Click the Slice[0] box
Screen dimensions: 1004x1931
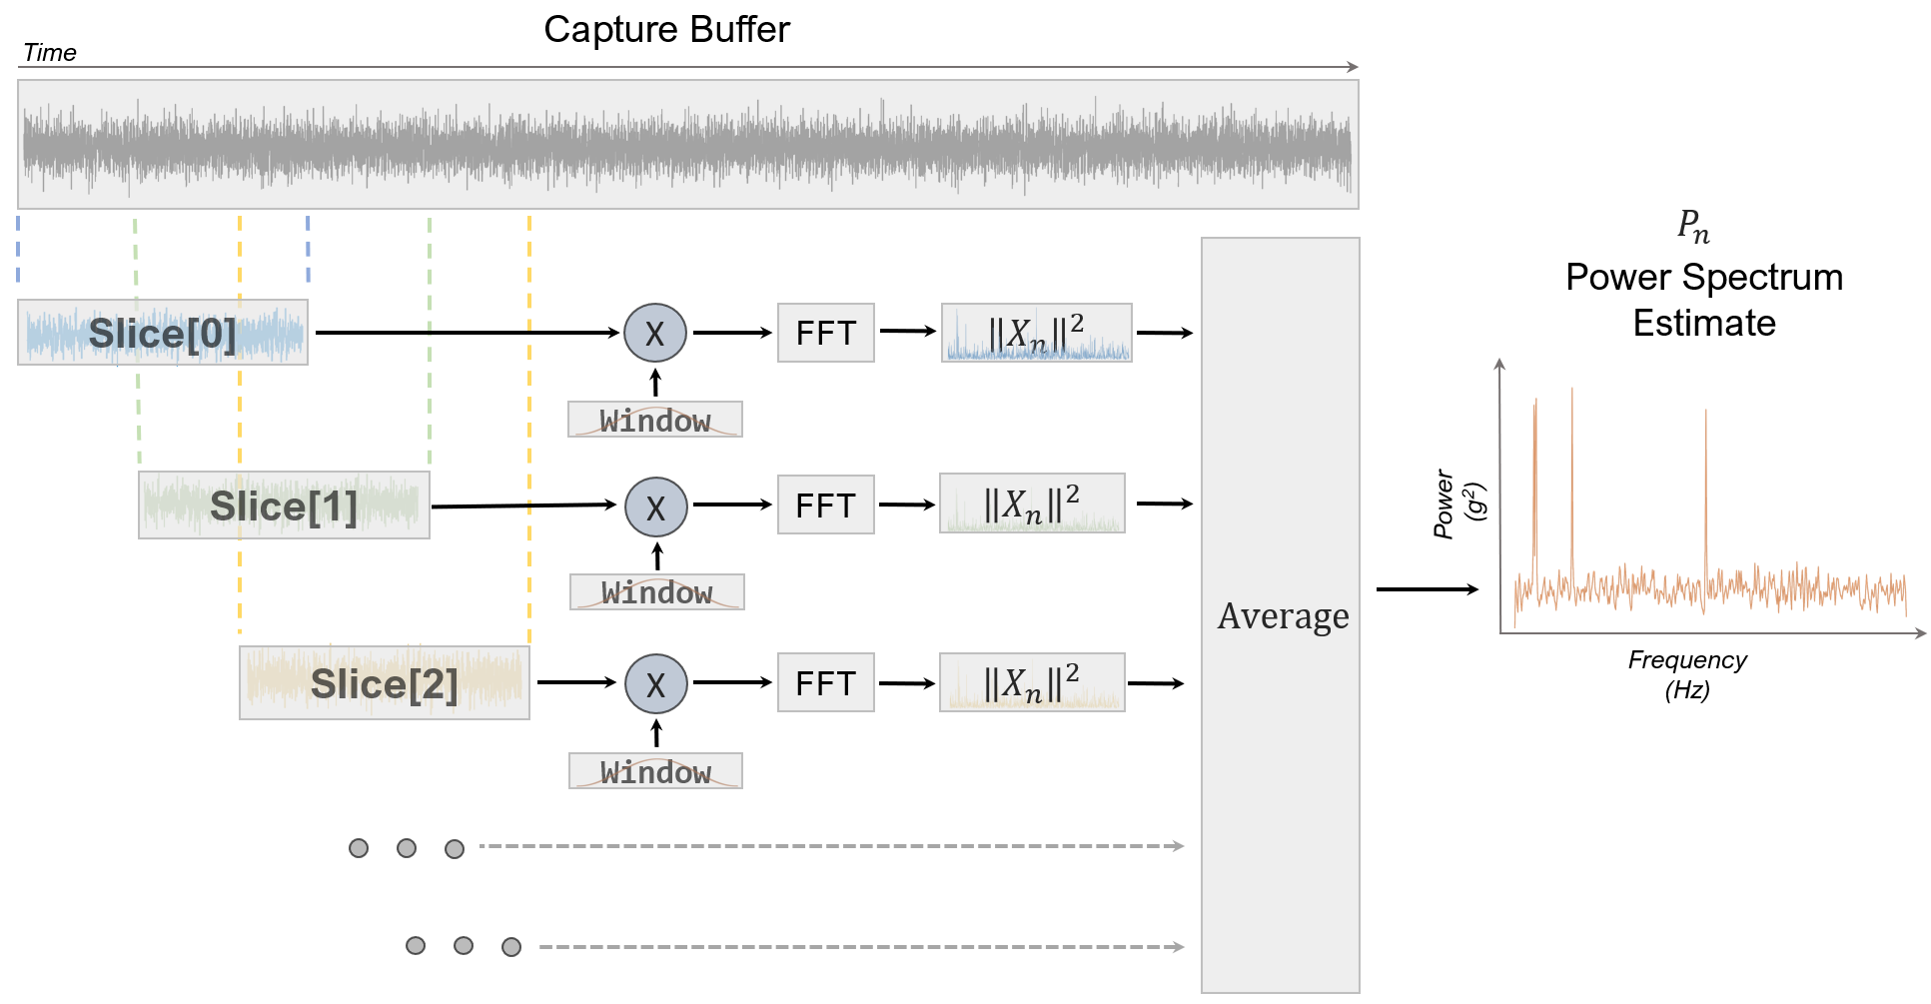coord(163,333)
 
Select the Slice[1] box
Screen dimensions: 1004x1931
coord(284,505)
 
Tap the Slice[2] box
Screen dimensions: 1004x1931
coord(384,683)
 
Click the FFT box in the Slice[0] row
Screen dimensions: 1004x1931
coord(825,333)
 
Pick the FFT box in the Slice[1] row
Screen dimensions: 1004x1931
coord(825,505)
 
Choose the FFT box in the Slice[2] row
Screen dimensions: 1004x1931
coord(825,683)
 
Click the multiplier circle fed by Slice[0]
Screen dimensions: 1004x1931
coord(654,333)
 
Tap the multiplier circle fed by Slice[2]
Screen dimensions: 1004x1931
coord(655,683)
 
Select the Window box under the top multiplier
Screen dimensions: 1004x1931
coord(654,420)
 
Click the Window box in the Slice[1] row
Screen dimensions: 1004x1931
coord(656,592)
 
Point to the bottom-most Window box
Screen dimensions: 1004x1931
coord(655,771)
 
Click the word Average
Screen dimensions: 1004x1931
coord(1283,616)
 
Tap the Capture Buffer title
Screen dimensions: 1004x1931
coord(666,30)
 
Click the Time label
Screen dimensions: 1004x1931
coord(49,53)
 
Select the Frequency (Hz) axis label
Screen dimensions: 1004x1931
coord(1687,674)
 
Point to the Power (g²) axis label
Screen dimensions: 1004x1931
coord(1457,504)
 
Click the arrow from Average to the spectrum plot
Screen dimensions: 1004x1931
coord(1427,589)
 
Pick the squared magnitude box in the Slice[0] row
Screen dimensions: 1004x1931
coord(1036,333)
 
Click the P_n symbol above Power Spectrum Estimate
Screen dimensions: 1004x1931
coord(1693,227)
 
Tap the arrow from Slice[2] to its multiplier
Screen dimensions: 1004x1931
coord(576,682)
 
